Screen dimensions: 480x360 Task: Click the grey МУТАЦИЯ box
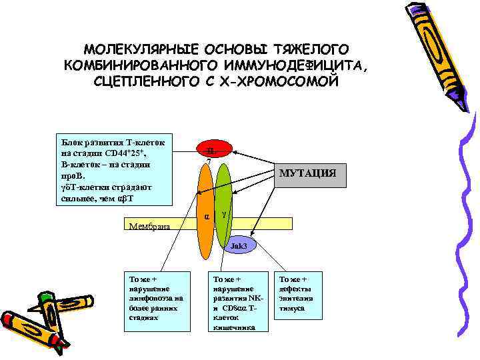307,174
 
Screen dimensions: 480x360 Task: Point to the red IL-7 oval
209,152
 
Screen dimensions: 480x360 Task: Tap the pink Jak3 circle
238,247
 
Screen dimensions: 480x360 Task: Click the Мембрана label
149,227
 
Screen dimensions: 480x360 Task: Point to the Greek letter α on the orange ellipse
207,217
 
